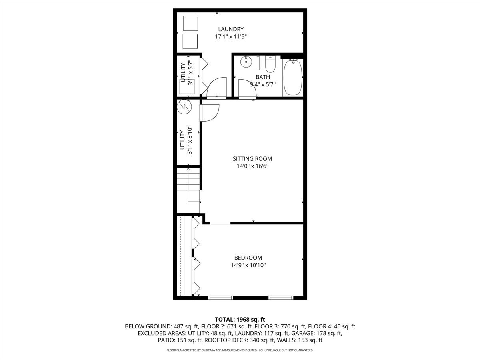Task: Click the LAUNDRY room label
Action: point(230,29)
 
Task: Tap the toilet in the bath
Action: point(270,63)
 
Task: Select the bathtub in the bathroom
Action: point(293,77)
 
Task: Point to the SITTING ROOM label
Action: point(252,159)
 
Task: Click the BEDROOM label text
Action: point(248,258)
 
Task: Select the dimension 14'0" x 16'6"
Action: point(252,166)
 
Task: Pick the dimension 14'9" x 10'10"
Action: point(248,265)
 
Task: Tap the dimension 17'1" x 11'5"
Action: point(230,36)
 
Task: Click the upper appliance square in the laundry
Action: point(190,23)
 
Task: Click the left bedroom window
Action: point(221,297)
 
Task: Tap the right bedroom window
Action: point(281,297)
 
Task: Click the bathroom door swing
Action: point(247,88)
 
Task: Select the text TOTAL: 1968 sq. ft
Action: point(240,319)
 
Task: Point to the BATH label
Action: point(263,77)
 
